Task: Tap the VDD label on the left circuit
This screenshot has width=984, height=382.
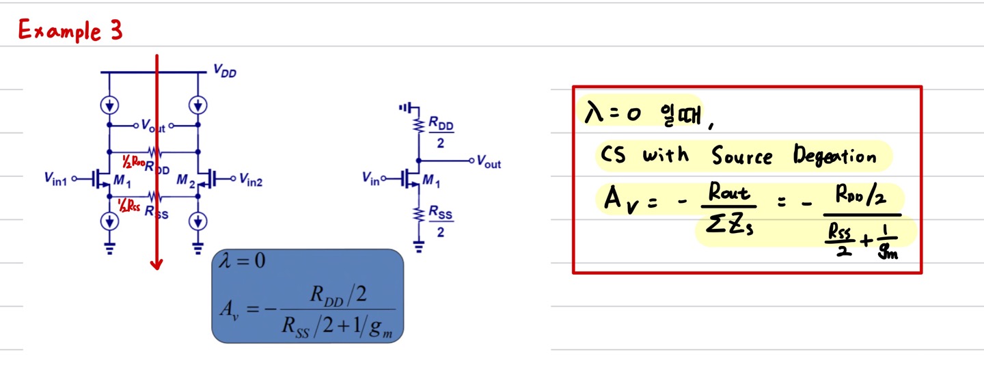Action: pyautogui.click(x=225, y=71)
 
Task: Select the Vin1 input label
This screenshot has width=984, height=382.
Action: pyautogui.click(x=57, y=180)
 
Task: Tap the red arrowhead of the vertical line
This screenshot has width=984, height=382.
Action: pyautogui.click(x=157, y=264)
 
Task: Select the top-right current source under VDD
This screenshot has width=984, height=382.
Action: pyautogui.click(x=198, y=105)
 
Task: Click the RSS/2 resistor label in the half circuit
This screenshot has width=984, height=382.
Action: pyautogui.click(x=441, y=223)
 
